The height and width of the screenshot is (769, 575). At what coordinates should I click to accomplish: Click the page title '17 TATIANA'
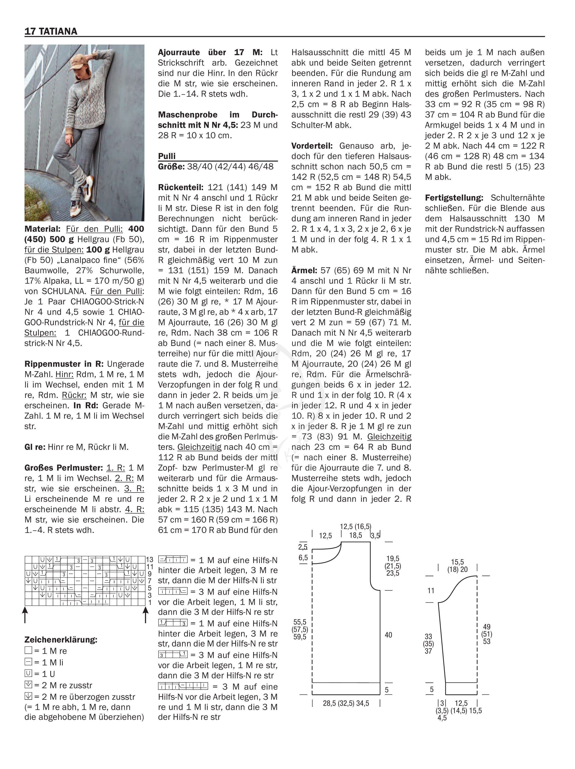click(x=51, y=31)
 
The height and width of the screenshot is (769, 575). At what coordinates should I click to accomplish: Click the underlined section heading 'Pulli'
click(x=167, y=156)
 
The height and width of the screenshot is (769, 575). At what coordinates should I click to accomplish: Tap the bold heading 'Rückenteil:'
click(x=181, y=187)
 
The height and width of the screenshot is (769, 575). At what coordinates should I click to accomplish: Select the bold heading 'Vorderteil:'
click(x=312, y=146)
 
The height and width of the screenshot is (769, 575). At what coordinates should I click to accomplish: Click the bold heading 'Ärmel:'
click(x=304, y=270)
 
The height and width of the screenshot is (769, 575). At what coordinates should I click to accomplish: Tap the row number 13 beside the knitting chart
click(x=150, y=560)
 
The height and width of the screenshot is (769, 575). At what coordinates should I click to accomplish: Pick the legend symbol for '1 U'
click(x=29, y=673)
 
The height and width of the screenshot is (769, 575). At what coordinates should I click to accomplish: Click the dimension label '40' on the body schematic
click(x=388, y=635)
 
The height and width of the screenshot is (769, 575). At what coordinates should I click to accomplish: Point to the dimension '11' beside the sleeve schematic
click(x=431, y=591)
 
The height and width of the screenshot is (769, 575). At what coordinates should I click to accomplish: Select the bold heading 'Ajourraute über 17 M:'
click(x=210, y=52)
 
